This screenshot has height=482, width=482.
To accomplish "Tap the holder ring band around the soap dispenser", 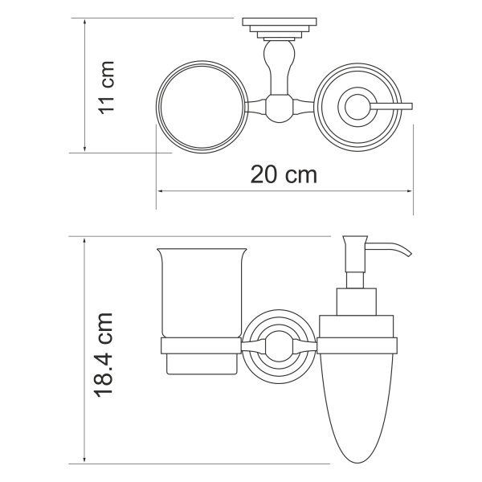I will (357, 345).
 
